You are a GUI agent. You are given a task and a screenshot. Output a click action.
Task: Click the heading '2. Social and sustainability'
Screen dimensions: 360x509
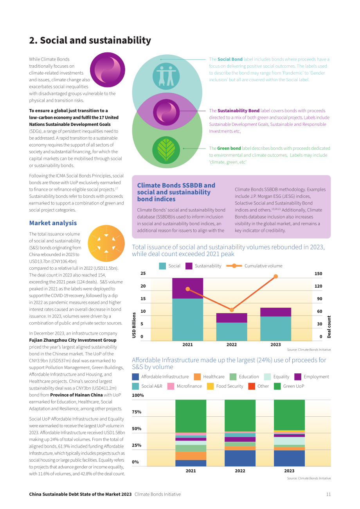pos(90,40)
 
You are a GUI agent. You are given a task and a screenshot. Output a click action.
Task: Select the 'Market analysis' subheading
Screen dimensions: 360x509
pos(53,223)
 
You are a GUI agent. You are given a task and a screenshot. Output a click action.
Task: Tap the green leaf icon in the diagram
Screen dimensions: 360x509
pos(166,150)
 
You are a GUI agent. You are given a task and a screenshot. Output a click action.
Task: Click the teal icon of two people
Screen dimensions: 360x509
pos(166,76)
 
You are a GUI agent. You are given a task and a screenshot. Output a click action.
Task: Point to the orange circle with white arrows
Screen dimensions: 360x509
pos(106,244)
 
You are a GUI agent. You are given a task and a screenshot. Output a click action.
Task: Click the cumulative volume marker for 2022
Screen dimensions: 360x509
pos(232,310)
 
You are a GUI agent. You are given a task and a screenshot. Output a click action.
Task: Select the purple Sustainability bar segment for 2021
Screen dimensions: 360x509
pos(187,288)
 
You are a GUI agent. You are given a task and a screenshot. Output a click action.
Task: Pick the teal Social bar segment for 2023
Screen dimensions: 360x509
pos(275,328)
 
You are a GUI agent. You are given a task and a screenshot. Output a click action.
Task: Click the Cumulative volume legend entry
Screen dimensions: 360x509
pos(254,266)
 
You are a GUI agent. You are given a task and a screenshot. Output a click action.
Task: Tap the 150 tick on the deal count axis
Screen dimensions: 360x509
pos(318,274)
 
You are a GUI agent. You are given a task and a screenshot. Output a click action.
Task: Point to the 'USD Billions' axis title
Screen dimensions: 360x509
pos(134,325)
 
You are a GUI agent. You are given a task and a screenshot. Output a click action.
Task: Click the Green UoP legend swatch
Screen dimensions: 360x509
pos(277,386)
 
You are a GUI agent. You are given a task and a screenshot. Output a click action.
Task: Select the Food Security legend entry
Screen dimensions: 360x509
pos(225,386)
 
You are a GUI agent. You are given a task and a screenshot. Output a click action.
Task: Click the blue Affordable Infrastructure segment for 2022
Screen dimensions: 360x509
pos(240,458)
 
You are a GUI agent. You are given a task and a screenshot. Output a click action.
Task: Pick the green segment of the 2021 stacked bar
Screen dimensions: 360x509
pos(191,416)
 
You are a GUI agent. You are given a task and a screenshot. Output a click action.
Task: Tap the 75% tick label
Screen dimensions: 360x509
pos(137,412)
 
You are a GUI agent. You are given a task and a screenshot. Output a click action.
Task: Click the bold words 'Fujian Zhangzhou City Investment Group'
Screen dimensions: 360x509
pos(73,340)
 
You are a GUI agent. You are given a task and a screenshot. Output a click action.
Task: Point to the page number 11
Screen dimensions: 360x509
pos(328,494)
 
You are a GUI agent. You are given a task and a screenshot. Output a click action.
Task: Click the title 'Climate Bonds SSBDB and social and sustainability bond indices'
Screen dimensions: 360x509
pos(176,192)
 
